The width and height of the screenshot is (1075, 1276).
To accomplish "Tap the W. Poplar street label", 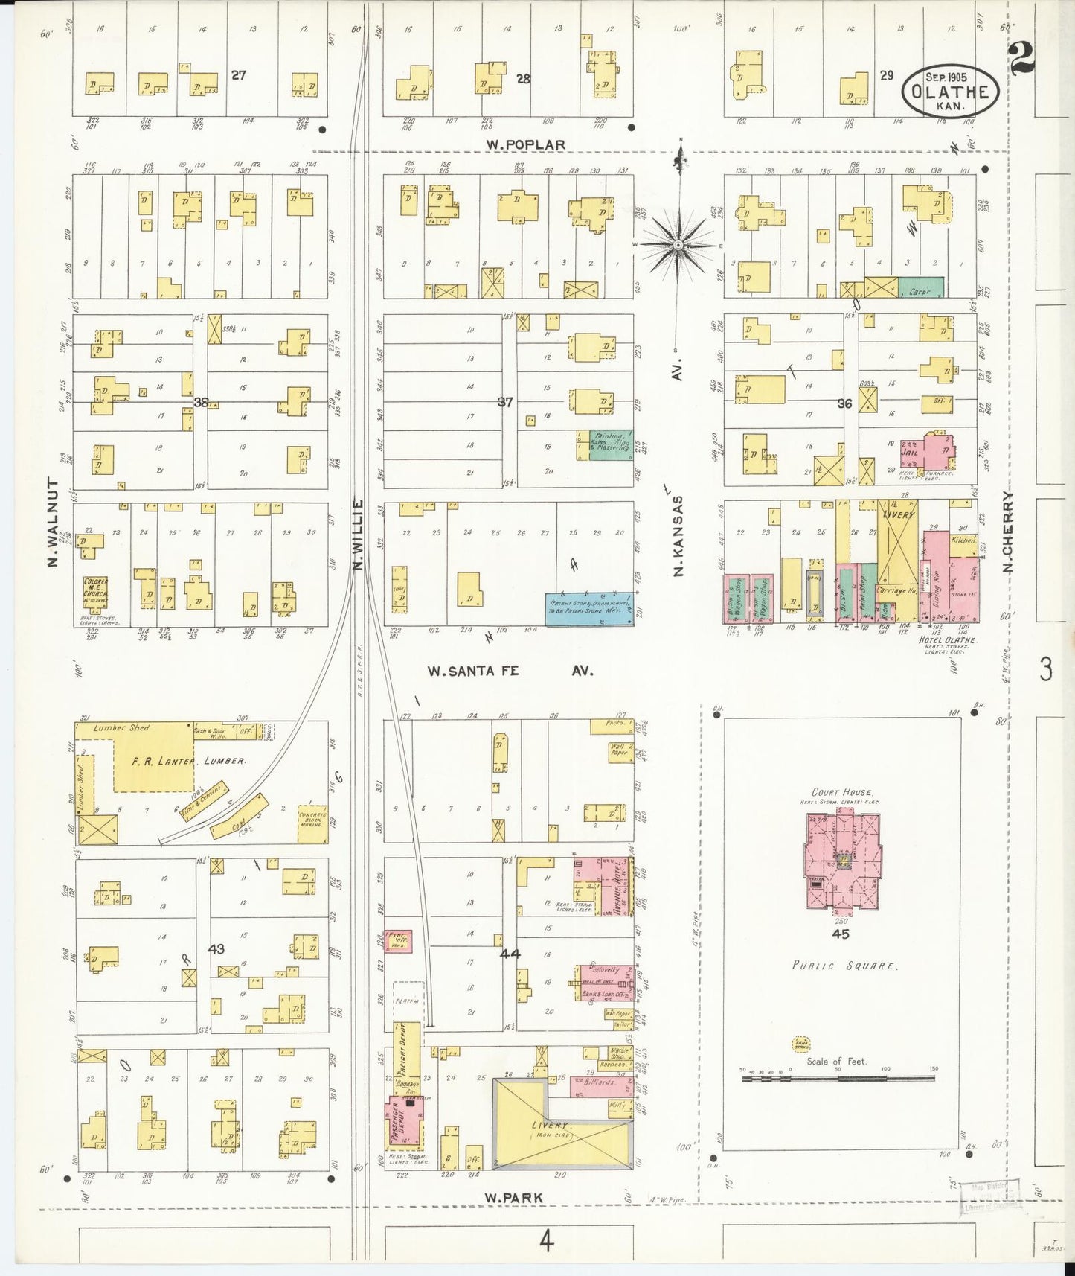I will pos(525,144).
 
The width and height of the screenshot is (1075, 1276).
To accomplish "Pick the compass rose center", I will pos(678,243).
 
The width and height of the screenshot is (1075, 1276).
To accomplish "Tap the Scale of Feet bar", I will pos(837,1078).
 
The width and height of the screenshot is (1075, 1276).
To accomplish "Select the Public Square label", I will pos(844,966).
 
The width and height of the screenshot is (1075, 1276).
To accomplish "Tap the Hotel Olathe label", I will pos(937,639).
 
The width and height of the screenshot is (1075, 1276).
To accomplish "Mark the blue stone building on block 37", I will pos(590,608).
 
